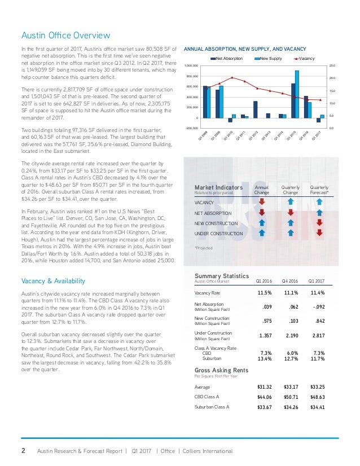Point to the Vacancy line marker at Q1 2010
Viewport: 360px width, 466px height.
(231, 77)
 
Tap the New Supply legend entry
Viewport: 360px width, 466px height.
(267, 59)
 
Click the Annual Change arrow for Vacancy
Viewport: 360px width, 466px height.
(262, 203)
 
